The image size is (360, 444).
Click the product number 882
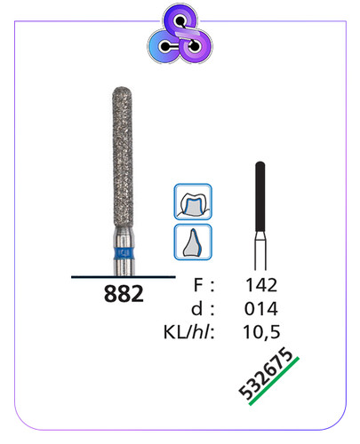pos(124,294)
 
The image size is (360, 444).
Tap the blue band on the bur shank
pos(124,253)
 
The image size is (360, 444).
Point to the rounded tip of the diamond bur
pos(123,91)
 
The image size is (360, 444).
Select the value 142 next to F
pos(261,285)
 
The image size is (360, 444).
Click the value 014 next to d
pos(261,309)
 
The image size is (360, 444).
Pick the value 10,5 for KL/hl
pos(261,332)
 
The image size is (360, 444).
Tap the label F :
pos(204,285)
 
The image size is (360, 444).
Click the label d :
pos(203,309)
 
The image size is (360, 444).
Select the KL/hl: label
pos(188,332)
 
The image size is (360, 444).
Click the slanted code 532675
pos(265,373)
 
